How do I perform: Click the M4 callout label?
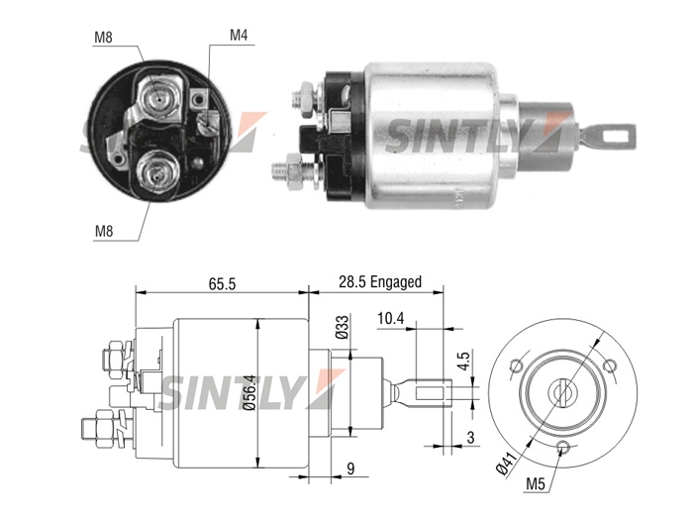tap(239, 36)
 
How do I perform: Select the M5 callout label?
tap(536, 484)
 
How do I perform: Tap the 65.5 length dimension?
tap(223, 284)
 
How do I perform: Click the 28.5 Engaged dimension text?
tap(380, 281)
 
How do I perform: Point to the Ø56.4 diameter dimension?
tap(250, 393)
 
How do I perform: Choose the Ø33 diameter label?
tap(343, 327)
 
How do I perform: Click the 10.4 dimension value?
tap(390, 318)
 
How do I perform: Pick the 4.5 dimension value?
tap(463, 361)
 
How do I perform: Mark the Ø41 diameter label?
tap(506, 463)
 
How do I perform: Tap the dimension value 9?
tap(350, 468)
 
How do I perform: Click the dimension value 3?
tap(470, 438)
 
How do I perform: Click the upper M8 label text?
tap(103, 38)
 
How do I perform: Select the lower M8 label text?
tap(104, 231)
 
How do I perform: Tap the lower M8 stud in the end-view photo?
tap(156, 173)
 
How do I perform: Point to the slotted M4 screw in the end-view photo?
tap(207, 122)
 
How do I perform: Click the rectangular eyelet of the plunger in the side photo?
tap(616, 136)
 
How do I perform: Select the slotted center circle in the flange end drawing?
tap(562, 392)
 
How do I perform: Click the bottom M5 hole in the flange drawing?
tap(563, 448)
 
